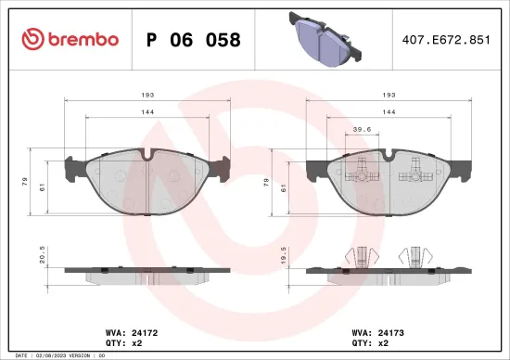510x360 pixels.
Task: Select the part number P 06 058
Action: coord(194,40)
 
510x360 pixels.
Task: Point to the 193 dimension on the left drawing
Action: coord(147,96)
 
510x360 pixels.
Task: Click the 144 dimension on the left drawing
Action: coord(147,111)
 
